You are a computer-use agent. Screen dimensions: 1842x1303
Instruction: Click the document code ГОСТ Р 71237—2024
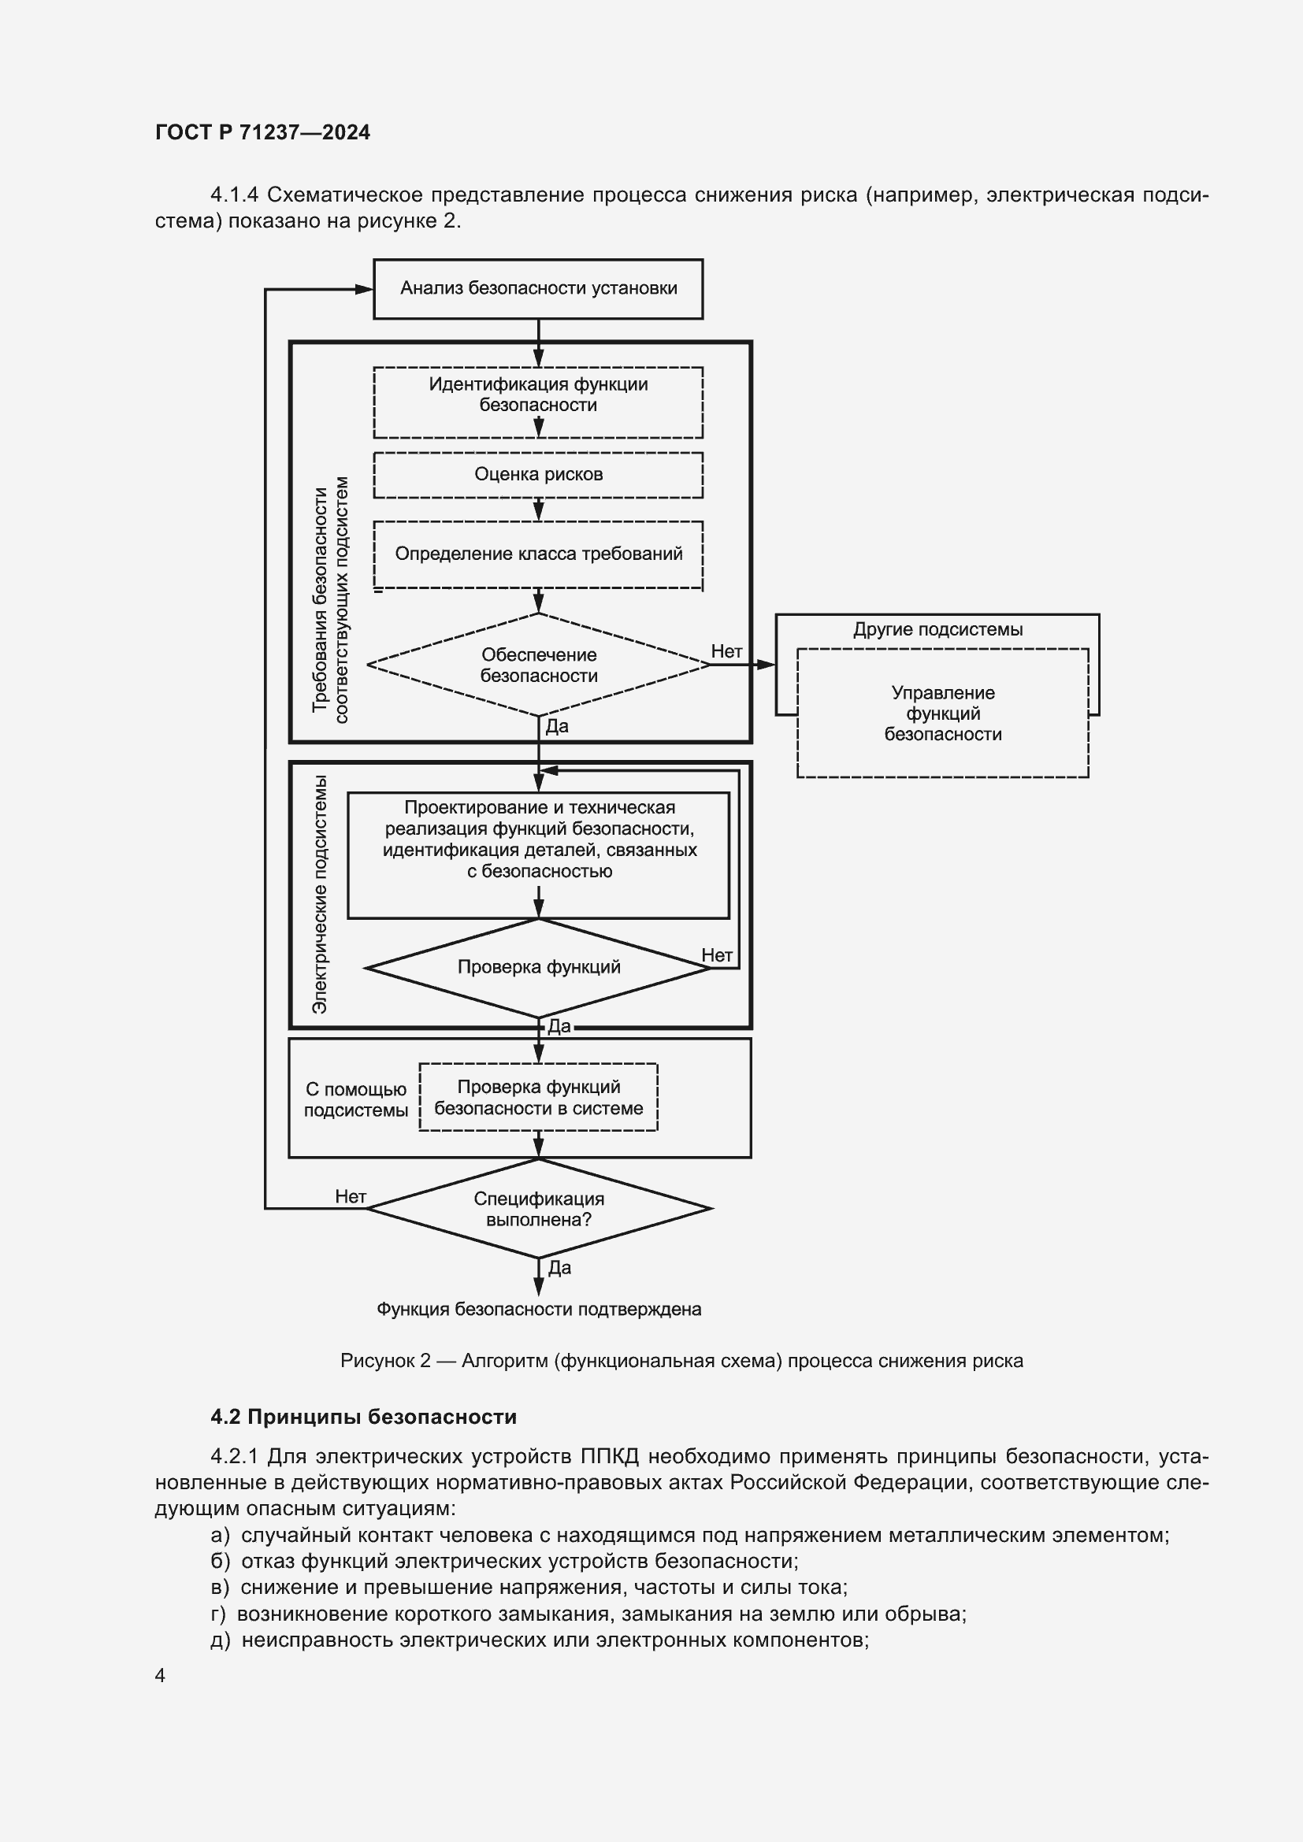[262, 132]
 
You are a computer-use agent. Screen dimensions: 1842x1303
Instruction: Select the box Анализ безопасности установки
[537, 288]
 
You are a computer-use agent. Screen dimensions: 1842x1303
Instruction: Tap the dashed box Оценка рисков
[537, 474]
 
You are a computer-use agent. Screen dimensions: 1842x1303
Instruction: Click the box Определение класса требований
[537, 554]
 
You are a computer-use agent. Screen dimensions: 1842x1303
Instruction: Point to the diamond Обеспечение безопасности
[537, 665]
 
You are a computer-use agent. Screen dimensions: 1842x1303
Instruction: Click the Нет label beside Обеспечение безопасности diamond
[726, 651]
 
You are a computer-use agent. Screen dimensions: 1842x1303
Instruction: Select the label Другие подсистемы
[937, 630]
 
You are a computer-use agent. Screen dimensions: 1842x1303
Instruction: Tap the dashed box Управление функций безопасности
[942, 713]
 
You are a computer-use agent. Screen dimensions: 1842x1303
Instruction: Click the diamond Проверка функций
[537, 967]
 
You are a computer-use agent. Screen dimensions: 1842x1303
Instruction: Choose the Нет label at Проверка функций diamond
[716, 954]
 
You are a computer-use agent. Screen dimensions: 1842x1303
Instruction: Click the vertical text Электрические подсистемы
[319, 894]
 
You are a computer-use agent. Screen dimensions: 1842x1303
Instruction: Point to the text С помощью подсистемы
[355, 1099]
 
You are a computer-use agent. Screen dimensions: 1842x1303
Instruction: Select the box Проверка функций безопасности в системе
[537, 1098]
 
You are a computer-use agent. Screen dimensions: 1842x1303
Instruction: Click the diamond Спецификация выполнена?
[537, 1209]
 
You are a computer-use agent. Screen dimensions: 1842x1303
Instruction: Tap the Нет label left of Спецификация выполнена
[351, 1196]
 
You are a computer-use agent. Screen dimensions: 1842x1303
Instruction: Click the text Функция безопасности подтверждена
[538, 1310]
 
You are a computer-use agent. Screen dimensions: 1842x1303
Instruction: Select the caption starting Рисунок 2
[681, 1361]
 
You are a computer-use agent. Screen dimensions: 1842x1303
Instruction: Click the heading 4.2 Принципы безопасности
[363, 1417]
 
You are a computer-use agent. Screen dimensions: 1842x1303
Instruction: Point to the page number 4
[161, 1675]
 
